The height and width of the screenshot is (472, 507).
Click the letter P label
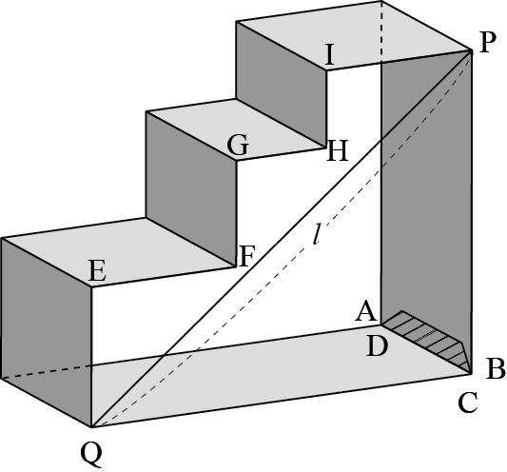(488, 43)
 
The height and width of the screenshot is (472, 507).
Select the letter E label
(97, 271)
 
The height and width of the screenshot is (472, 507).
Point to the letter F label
(247, 256)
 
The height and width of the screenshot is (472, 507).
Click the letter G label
(238, 145)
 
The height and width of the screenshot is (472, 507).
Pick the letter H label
(338, 150)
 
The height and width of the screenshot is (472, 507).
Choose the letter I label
(329, 55)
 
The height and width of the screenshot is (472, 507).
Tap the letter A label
(366, 310)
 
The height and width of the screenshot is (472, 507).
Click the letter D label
(377, 346)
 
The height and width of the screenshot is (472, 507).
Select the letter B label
(496, 368)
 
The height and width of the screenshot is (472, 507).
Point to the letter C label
(468, 403)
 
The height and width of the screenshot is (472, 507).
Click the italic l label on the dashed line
(317, 234)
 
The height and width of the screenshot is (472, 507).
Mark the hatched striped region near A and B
(430, 340)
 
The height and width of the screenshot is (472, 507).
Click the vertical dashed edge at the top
(382, 30)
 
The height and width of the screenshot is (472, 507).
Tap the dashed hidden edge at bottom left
(47, 372)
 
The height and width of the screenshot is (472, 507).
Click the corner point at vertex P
(471, 50)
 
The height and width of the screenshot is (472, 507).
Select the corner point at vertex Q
(92, 427)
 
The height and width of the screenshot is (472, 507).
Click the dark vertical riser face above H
(281, 84)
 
